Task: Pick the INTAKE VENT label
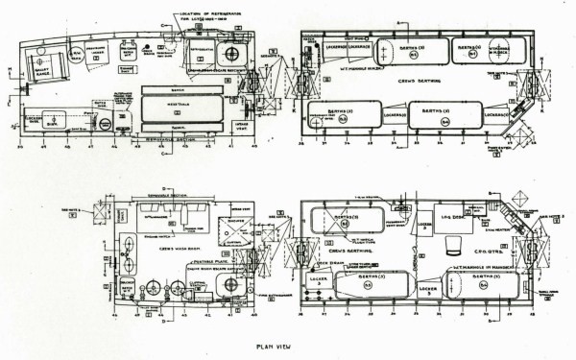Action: point(240,125)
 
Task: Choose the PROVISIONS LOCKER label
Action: point(107,50)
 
